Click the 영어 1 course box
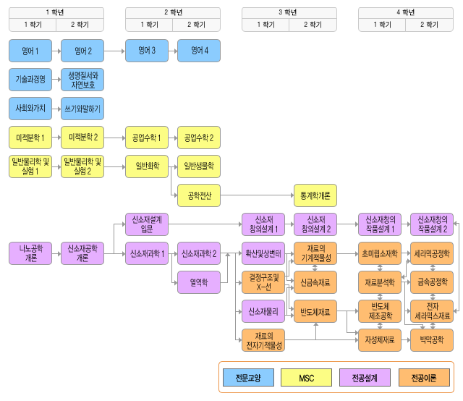(30, 51)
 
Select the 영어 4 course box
(198, 51)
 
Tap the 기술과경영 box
(30, 79)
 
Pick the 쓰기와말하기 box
(82, 109)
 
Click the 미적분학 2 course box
(82, 137)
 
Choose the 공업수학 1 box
(147, 137)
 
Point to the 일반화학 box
(147, 166)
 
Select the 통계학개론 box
(315, 195)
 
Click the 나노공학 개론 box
(30, 253)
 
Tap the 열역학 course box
(198, 282)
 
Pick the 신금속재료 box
(315, 282)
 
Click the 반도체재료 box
(315, 312)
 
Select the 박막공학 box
(431, 339)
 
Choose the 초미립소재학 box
(380, 253)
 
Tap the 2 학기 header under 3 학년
(315, 24)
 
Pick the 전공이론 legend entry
(423, 377)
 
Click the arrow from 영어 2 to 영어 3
(114, 51)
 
